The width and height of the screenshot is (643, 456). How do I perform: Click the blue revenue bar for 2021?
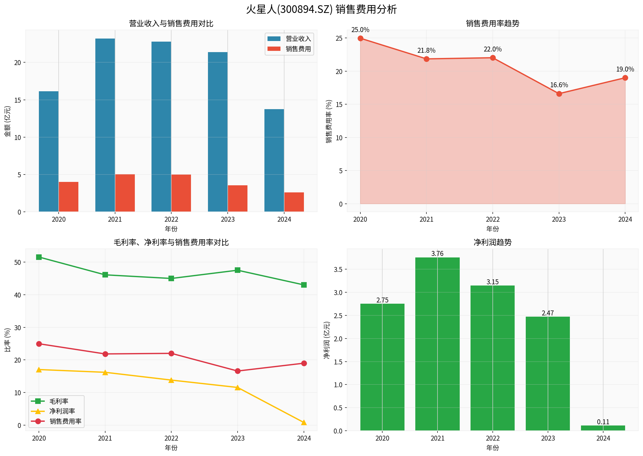pyautogui.click(x=105, y=125)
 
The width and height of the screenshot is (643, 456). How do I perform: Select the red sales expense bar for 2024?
pyautogui.click(x=294, y=202)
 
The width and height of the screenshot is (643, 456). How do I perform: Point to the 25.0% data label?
pyautogui.click(x=360, y=30)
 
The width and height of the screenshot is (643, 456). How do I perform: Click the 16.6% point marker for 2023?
pyautogui.click(x=559, y=94)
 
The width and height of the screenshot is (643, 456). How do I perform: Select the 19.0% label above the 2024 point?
pyautogui.click(x=625, y=69)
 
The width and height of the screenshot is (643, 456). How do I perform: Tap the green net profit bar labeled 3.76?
pyautogui.click(x=437, y=344)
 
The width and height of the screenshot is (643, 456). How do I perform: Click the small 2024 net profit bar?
pyautogui.click(x=603, y=428)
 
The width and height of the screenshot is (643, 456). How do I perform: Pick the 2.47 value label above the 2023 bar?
pyautogui.click(x=548, y=313)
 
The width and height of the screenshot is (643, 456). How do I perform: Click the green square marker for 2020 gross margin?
pyautogui.click(x=39, y=257)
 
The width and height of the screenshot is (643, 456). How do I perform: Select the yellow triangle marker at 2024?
pyautogui.click(x=304, y=422)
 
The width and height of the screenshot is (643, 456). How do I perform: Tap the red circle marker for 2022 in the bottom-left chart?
pyautogui.click(x=171, y=353)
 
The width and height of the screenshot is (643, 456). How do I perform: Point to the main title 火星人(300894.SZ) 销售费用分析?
pyautogui.click(x=321, y=10)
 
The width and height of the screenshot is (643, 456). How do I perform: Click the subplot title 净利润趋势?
pyautogui.click(x=492, y=242)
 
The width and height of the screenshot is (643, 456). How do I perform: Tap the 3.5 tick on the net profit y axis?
pyautogui.click(x=338, y=269)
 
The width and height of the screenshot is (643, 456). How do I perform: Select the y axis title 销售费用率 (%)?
pyautogui.click(x=329, y=121)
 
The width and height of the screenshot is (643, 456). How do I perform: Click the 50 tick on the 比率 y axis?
pyautogui.click(x=18, y=262)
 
